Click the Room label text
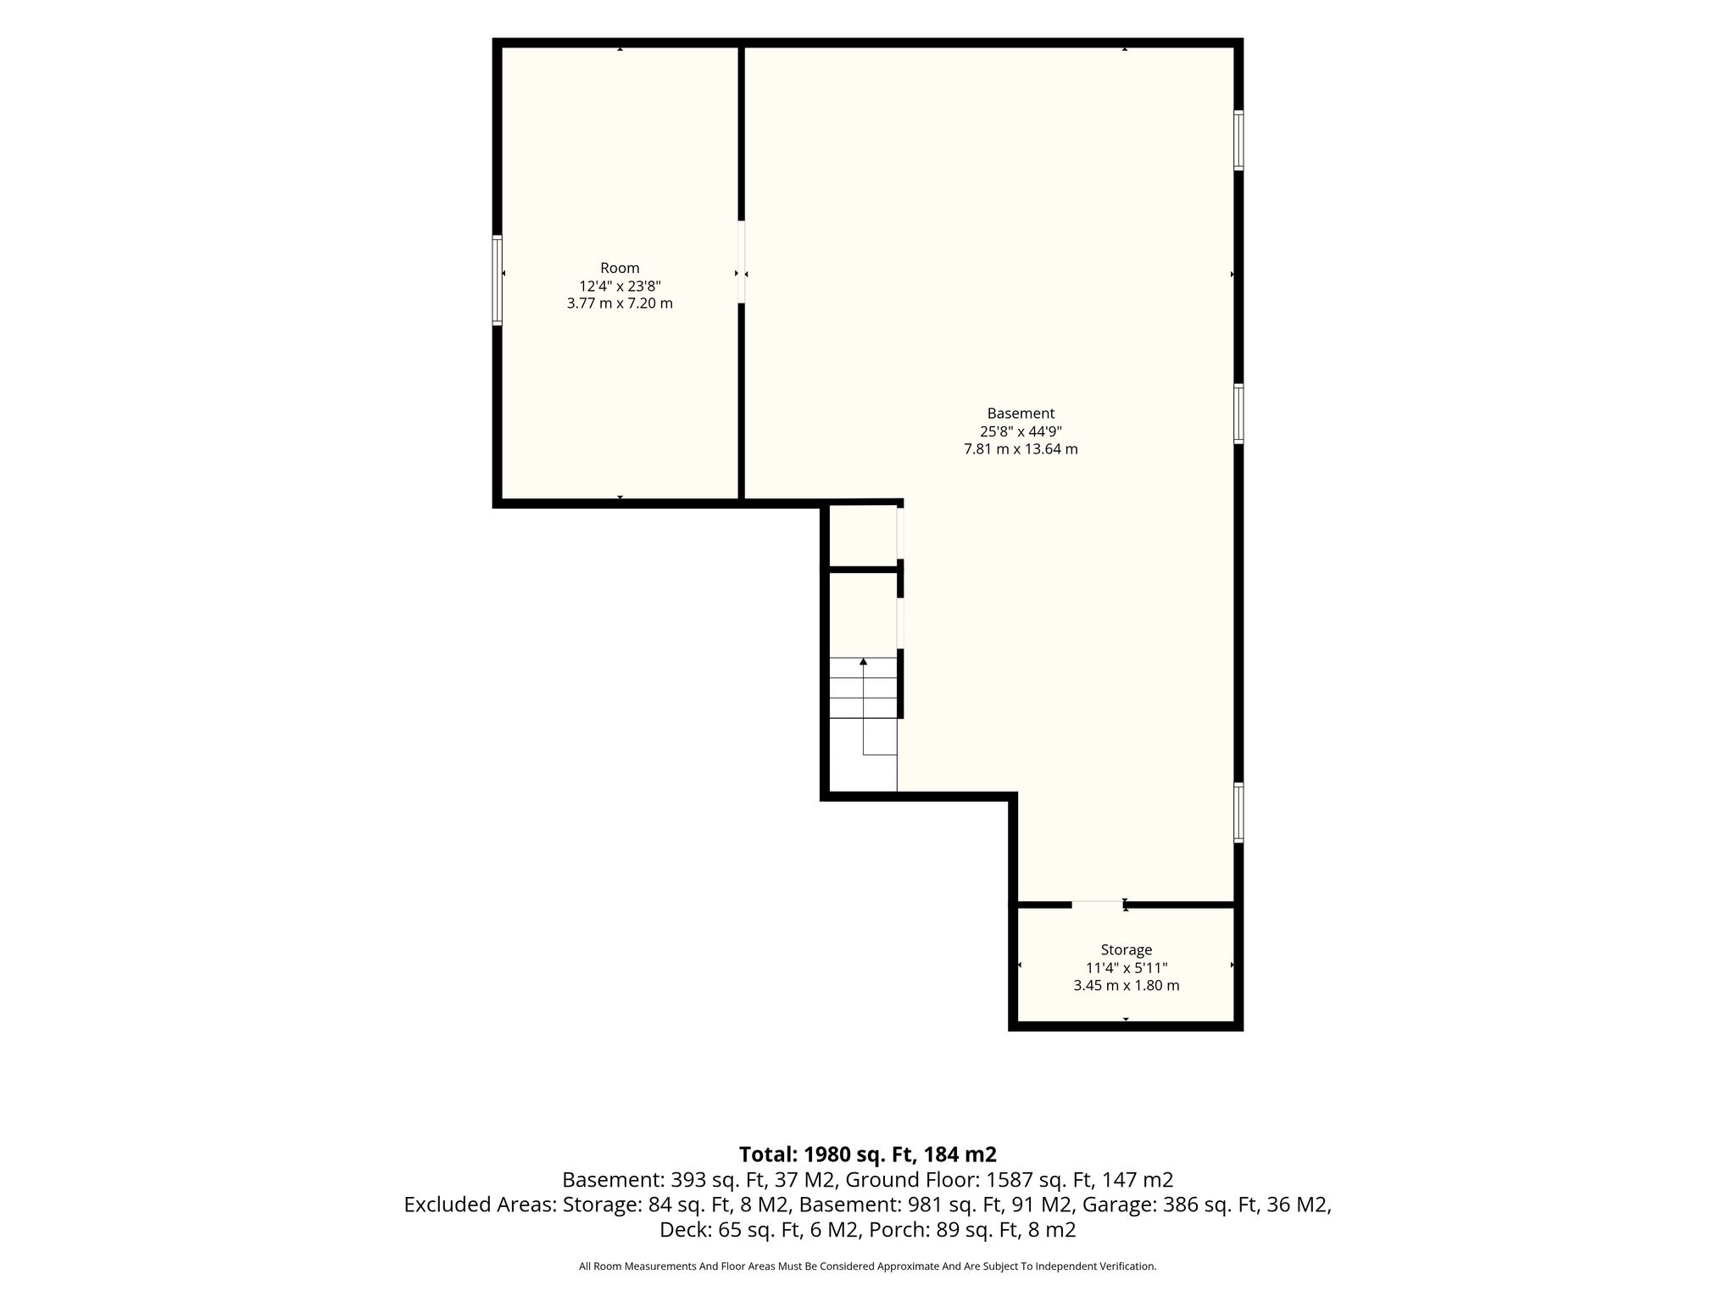620,268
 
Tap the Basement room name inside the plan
1021,414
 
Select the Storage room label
1126,950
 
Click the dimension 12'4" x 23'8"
620,286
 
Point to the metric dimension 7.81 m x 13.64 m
1021,449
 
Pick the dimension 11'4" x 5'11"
1126,968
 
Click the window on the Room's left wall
498,280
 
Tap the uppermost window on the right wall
1238,140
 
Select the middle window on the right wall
1238,414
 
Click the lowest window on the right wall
1238,812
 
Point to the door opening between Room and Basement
742,262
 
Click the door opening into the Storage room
1098,904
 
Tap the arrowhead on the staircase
863,661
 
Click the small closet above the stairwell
863,536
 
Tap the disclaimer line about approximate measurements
867,1266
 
